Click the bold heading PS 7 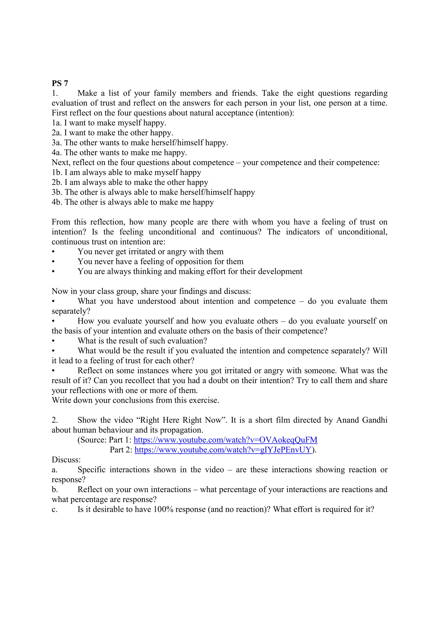tap(60, 83)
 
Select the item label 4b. tap(57, 202)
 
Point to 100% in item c tap(163, 509)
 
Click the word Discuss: tap(66, 460)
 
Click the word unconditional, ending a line tap(362, 232)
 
